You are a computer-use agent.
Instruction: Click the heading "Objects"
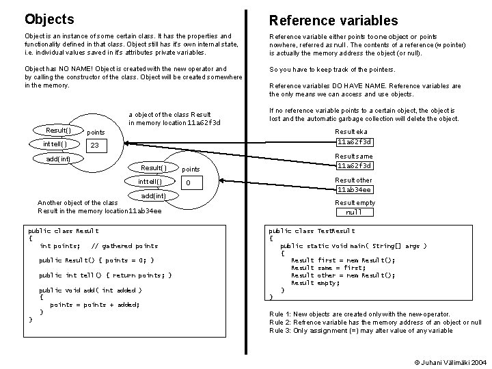click(x=49, y=19)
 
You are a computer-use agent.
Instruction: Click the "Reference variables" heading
click(x=333, y=20)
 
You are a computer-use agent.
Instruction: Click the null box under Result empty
click(x=354, y=213)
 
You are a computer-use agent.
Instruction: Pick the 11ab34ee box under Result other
click(x=354, y=189)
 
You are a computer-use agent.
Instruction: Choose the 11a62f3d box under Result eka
click(x=354, y=141)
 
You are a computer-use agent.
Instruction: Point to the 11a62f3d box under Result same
click(x=354, y=165)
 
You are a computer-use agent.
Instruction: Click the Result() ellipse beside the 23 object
click(x=58, y=130)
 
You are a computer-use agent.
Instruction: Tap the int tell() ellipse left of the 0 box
click(x=150, y=182)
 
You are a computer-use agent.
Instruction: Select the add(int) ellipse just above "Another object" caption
click(x=153, y=195)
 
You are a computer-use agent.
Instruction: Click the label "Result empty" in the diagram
click(x=355, y=203)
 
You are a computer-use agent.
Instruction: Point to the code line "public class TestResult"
click(x=312, y=231)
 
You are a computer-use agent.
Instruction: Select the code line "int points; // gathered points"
click(x=98, y=245)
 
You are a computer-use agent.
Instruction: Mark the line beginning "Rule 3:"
click(x=361, y=331)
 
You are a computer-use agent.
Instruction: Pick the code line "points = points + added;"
click(x=94, y=305)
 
